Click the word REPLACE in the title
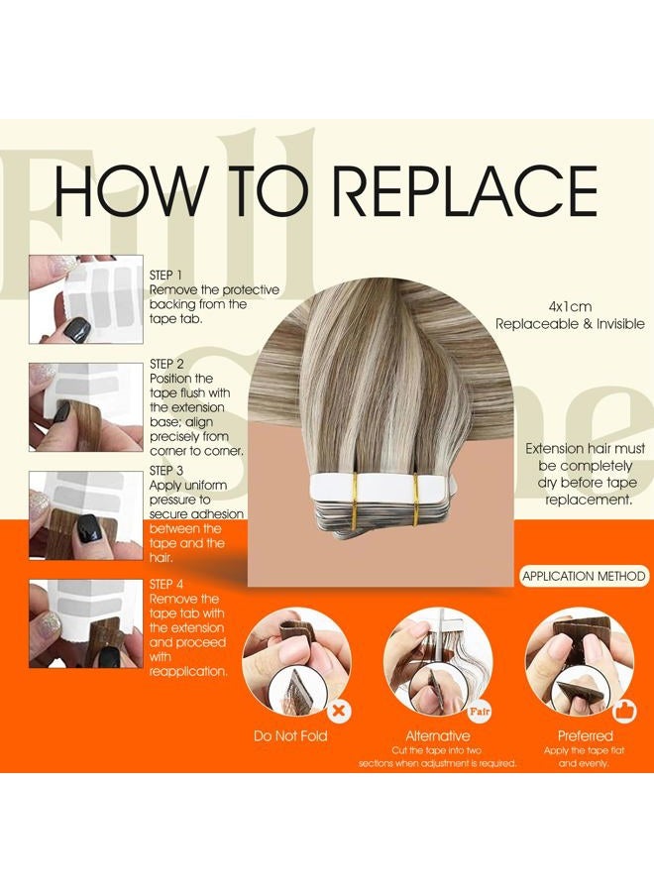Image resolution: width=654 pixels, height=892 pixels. [465, 190]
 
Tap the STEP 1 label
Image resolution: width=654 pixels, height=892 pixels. [165, 276]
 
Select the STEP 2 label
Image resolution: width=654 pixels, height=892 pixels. [166, 364]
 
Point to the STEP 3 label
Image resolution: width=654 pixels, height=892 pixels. [166, 471]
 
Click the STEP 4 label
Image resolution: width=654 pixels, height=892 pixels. [166, 584]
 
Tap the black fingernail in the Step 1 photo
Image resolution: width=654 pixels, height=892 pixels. [77, 329]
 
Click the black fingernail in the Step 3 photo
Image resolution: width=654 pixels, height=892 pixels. [89, 528]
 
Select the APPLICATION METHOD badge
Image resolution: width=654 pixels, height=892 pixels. [584, 576]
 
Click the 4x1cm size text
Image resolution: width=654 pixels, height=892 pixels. [570, 307]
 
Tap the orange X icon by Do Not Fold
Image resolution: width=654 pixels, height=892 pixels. [338, 711]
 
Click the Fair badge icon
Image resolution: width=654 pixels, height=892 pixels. [480, 712]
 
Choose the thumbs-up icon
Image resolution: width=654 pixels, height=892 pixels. [625, 711]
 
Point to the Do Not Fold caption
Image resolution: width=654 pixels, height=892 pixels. [290, 736]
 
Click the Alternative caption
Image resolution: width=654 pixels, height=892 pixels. [438, 736]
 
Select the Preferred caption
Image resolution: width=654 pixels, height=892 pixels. [585, 736]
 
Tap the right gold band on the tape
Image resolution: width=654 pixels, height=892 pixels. [415, 499]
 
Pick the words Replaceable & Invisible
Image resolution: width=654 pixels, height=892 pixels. [570, 324]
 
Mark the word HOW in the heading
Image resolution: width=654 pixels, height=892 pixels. [129, 190]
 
